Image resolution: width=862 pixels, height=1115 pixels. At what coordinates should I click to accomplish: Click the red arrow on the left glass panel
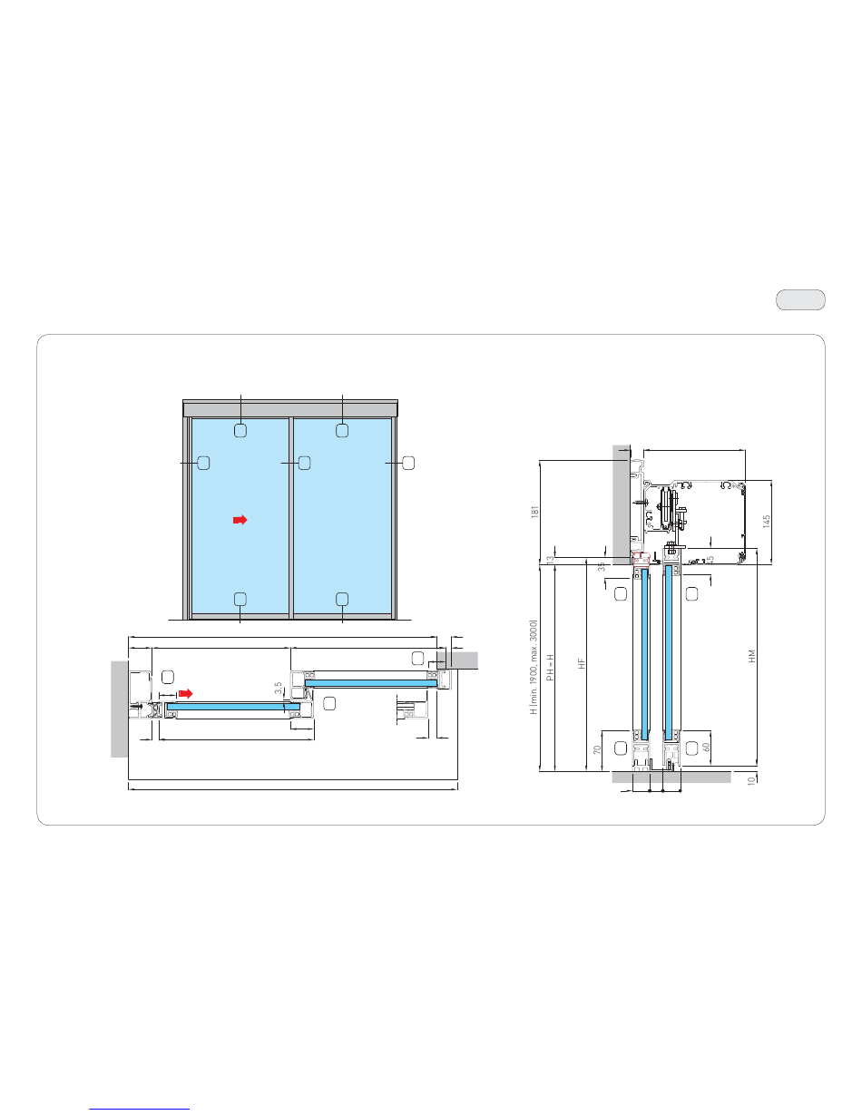point(240,520)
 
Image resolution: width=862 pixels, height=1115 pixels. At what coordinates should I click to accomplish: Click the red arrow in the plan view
point(185,694)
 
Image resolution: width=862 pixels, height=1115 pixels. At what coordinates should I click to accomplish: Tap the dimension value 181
point(534,512)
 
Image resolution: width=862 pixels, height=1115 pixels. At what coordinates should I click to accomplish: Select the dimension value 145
point(767,522)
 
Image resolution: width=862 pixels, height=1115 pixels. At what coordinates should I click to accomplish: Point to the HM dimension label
point(752,656)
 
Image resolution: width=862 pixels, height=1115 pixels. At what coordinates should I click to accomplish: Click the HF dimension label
point(582,663)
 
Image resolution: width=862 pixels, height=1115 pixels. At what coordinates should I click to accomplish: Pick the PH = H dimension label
point(550,667)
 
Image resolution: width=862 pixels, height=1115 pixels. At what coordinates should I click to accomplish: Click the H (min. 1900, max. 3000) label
point(534,667)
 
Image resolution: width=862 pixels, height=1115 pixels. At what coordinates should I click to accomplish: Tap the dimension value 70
point(597,749)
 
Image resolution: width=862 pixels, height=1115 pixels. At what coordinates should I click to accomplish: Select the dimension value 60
point(706,748)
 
